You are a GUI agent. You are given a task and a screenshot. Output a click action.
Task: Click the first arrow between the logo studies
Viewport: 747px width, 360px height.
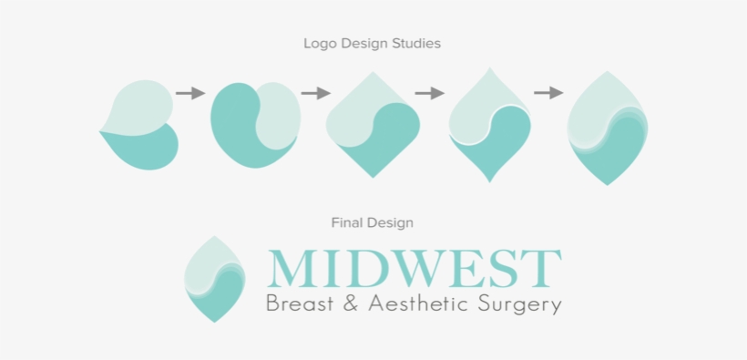tap(190, 93)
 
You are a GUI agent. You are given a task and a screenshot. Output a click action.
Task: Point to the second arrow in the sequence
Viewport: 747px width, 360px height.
tap(315, 93)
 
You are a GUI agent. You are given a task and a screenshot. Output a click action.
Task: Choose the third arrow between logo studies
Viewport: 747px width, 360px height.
tap(429, 93)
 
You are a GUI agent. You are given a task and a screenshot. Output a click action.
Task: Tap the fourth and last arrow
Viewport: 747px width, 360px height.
tap(548, 93)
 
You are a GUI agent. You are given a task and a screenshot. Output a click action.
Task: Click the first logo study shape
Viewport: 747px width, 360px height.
tap(139, 125)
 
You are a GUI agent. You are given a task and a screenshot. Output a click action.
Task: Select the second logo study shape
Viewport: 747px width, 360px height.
tap(255, 124)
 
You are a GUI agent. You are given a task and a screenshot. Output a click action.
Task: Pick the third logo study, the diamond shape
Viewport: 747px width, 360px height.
tap(373, 124)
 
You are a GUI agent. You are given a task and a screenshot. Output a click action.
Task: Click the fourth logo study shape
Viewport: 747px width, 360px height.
tap(490, 124)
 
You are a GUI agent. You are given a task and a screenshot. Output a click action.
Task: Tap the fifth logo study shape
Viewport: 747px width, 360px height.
tap(608, 128)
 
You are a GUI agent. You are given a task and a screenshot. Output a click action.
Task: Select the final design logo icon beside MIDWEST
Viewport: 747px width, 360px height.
tap(216, 278)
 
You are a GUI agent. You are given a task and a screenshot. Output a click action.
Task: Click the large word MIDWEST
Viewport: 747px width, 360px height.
tap(414, 267)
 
